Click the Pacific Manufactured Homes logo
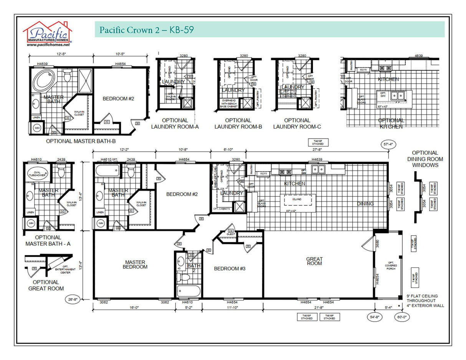48,32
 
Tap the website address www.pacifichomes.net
48,45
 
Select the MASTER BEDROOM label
135,264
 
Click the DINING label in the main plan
365,204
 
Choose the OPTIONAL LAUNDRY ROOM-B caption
238,124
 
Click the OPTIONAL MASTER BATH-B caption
81,141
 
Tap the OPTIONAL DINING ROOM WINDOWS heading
425,159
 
